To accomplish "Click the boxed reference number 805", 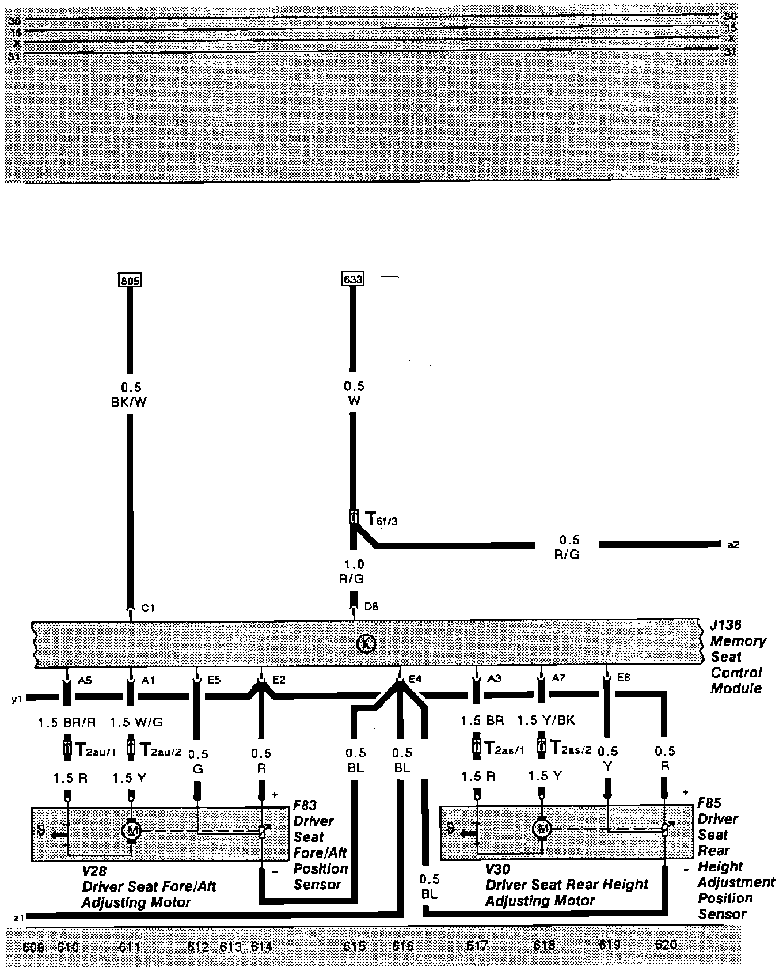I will point(130,280).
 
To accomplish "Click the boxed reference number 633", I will point(352,279).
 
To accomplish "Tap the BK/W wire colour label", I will point(129,402).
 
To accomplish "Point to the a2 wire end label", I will point(732,544).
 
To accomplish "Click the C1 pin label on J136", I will point(148,608).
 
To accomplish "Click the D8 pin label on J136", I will point(371,606).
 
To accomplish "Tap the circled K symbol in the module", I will point(367,643).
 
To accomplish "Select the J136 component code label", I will point(725,625).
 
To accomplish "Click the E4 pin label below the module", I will point(415,679).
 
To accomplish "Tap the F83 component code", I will point(305,805).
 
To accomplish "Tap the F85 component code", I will point(709,803).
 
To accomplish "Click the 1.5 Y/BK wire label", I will point(546,720).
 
